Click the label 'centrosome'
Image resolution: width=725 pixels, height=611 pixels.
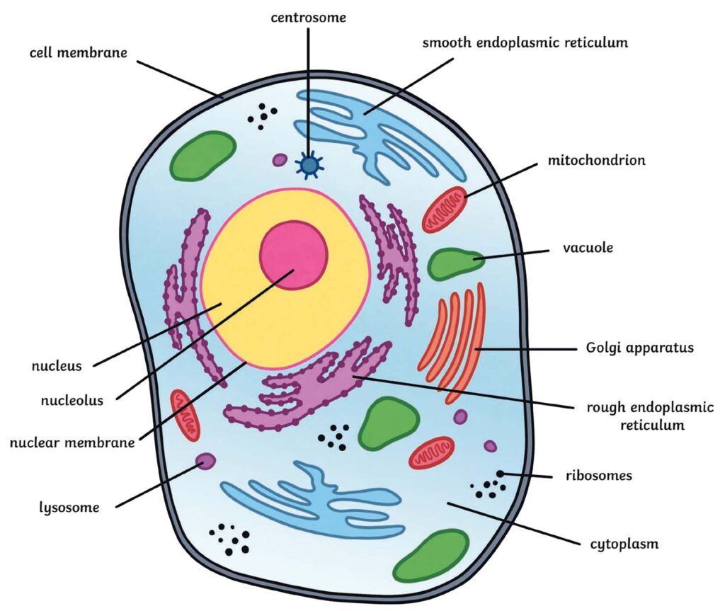tap(309, 17)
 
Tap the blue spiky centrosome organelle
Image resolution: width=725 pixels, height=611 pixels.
tap(309, 165)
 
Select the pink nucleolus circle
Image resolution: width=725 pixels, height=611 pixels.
tap(294, 254)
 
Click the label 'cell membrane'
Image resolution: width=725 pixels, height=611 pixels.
tap(79, 53)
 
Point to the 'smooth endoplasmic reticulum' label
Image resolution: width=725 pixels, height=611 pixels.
tap(525, 42)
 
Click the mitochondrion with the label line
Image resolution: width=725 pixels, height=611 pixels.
tap(445, 210)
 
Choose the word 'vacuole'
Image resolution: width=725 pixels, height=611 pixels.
tap(588, 249)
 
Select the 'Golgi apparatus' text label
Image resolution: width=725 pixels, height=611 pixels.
tap(639, 348)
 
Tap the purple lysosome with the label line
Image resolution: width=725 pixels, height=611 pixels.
tap(205, 462)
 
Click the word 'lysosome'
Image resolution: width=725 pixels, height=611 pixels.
tap(69, 507)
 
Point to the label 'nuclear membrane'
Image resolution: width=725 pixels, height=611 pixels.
tap(72, 443)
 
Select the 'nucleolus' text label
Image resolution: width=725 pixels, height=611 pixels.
tap(72, 400)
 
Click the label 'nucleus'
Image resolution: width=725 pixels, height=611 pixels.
tap(57, 366)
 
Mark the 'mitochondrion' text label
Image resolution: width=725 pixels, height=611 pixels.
tap(596, 160)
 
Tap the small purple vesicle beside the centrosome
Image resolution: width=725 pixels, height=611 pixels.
tap(280, 161)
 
